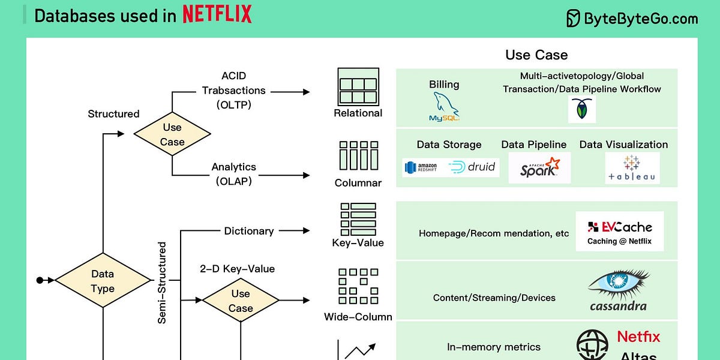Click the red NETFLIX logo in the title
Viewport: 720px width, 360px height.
coord(217,14)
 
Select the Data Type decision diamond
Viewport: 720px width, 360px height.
coord(103,280)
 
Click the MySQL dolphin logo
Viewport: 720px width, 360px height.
coord(445,107)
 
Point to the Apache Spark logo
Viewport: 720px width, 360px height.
coord(539,167)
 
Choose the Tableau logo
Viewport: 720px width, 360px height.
coord(632,167)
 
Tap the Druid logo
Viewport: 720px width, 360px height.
coord(472,167)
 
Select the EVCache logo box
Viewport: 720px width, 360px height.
coord(619,231)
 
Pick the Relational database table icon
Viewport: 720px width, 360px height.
coord(358,86)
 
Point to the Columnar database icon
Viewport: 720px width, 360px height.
coord(358,156)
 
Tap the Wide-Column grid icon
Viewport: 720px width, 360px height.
coord(358,286)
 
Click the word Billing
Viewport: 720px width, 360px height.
coord(444,85)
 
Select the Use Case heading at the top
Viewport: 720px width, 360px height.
coord(536,55)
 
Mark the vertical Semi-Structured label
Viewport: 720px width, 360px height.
coord(162,283)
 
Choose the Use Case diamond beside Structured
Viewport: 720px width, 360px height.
coord(172,134)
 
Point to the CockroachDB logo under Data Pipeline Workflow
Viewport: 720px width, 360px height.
coord(581,110)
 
